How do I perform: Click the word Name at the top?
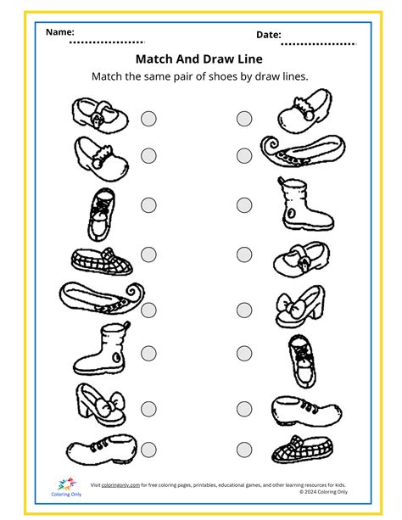[x=59, y=31]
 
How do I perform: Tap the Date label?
[x=268, y=35]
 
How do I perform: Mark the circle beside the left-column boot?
[x=149, y=352]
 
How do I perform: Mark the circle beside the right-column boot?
[x=245, y=204]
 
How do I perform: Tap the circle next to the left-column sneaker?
[x=149, y=204]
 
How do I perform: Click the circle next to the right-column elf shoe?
[x=245, y=155]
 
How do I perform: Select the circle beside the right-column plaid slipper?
[x=245, y=450]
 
